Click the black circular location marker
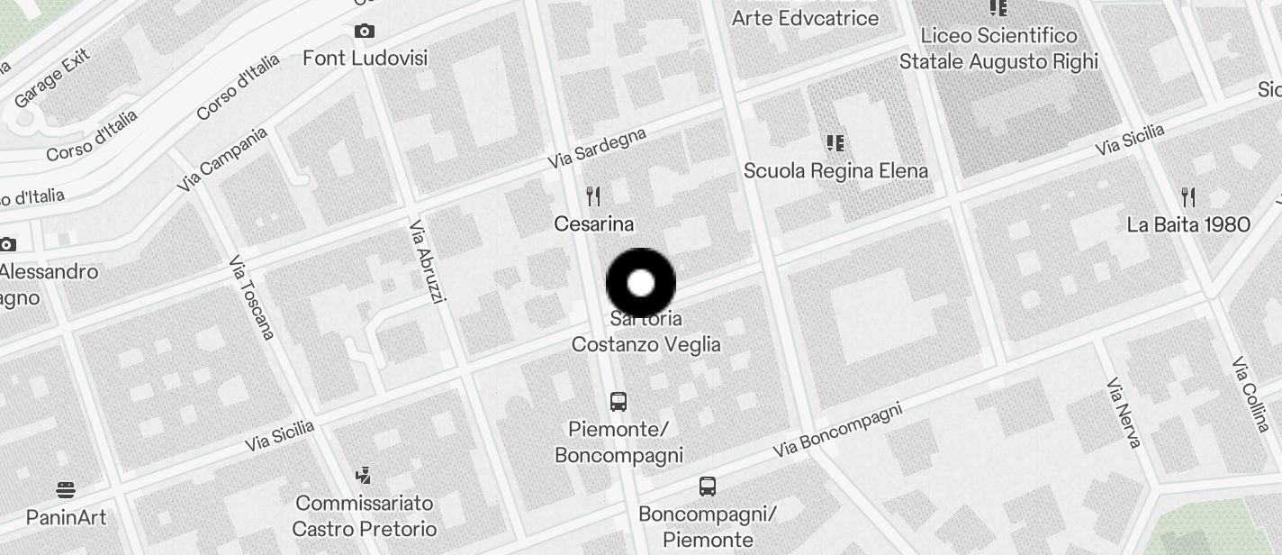pos(641,284)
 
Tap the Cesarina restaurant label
pos(593,223)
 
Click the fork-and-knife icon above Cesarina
pos(593,196)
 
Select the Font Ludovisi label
pos(365,58)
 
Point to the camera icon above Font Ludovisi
pos(365,32)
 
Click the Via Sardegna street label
pos(598,147)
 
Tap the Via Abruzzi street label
pos(427,261)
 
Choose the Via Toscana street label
pos(251,297)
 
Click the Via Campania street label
pos(222,159)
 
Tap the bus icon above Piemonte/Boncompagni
pos(618,402)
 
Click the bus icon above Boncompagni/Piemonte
pos(708,487)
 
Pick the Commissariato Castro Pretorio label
pos(365,515)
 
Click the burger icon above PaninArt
pos(66,491)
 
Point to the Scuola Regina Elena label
pos(835,170)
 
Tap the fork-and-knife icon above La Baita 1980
pos(1188,197)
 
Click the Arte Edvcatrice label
pos(805,18)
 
